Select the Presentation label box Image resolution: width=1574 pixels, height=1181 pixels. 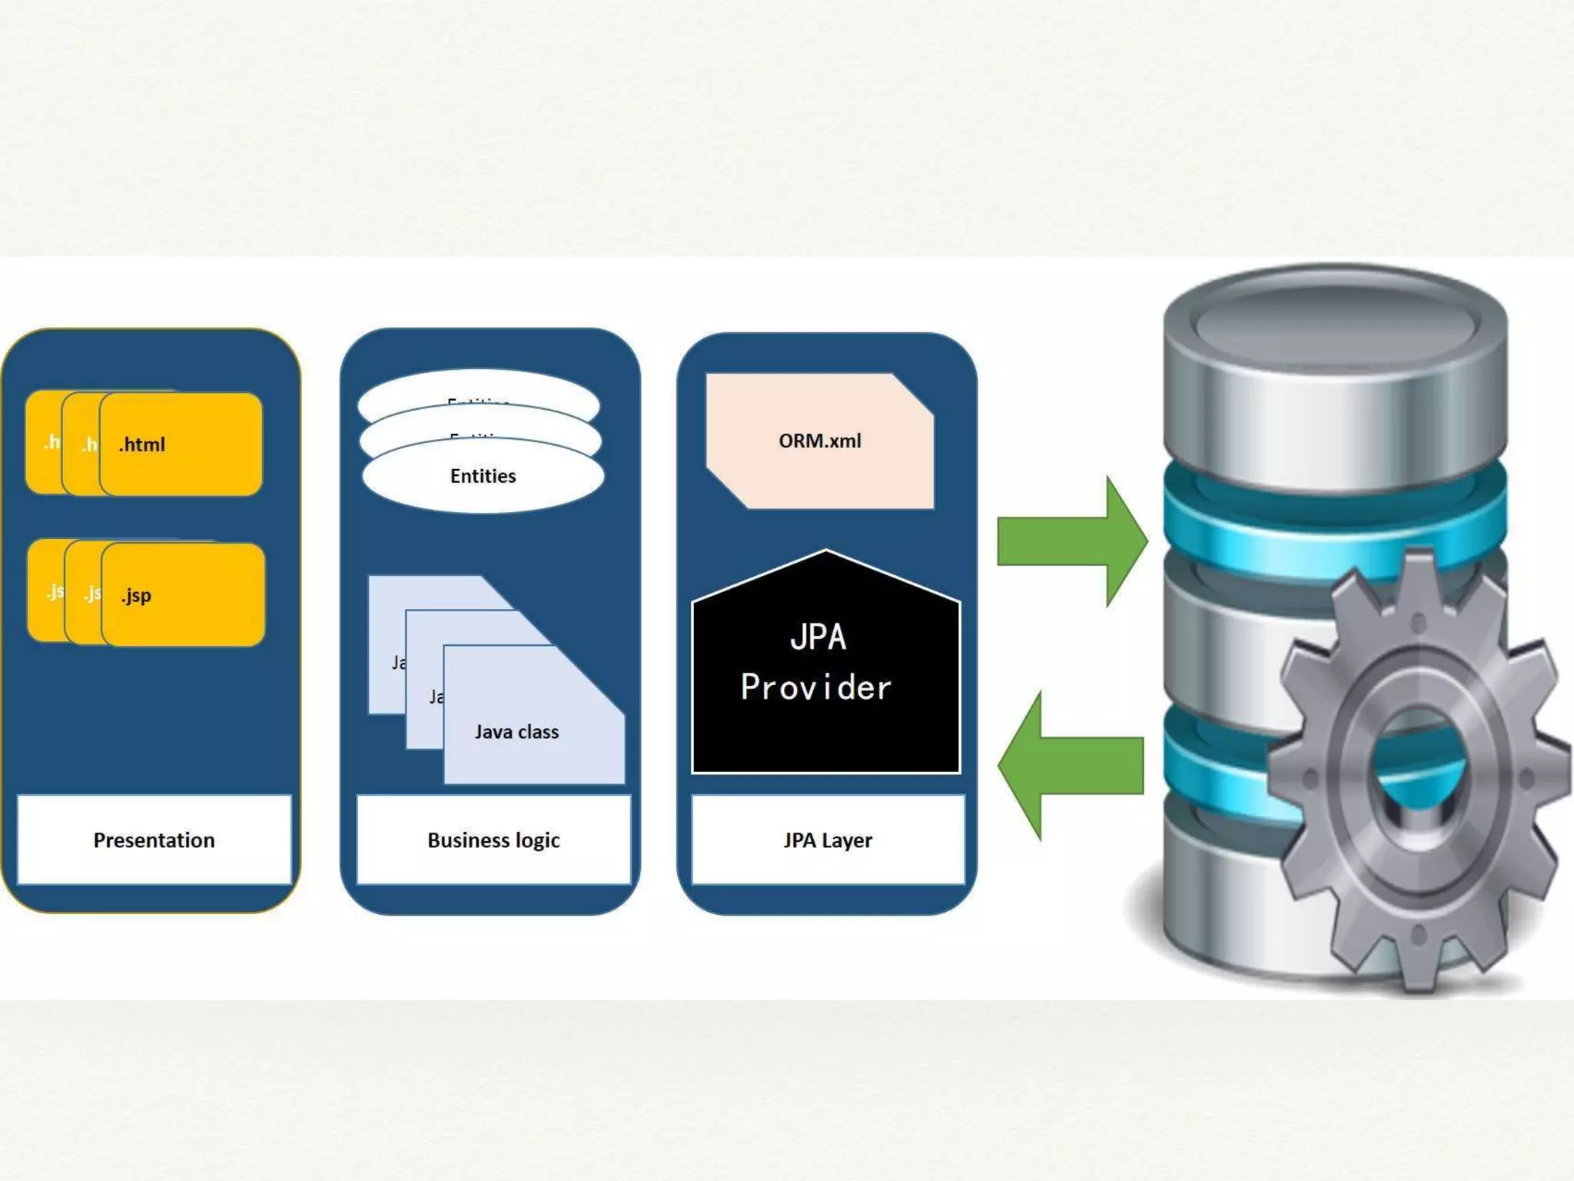(x=154, y=840)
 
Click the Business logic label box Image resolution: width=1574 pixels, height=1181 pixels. (x=493, y=840)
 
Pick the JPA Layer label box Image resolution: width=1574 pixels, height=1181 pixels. (x=828, y=840)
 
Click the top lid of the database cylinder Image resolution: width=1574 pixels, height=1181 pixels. (x=1335, y=319)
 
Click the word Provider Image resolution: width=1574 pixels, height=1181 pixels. (x=816, y=687)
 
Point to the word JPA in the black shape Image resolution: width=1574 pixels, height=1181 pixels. (x=819, y=637)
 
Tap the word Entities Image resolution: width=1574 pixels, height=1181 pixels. (x=483, y=476)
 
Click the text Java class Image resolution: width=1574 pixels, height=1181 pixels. (x=516, y=732)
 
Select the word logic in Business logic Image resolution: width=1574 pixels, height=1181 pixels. (x=538, y=840)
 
